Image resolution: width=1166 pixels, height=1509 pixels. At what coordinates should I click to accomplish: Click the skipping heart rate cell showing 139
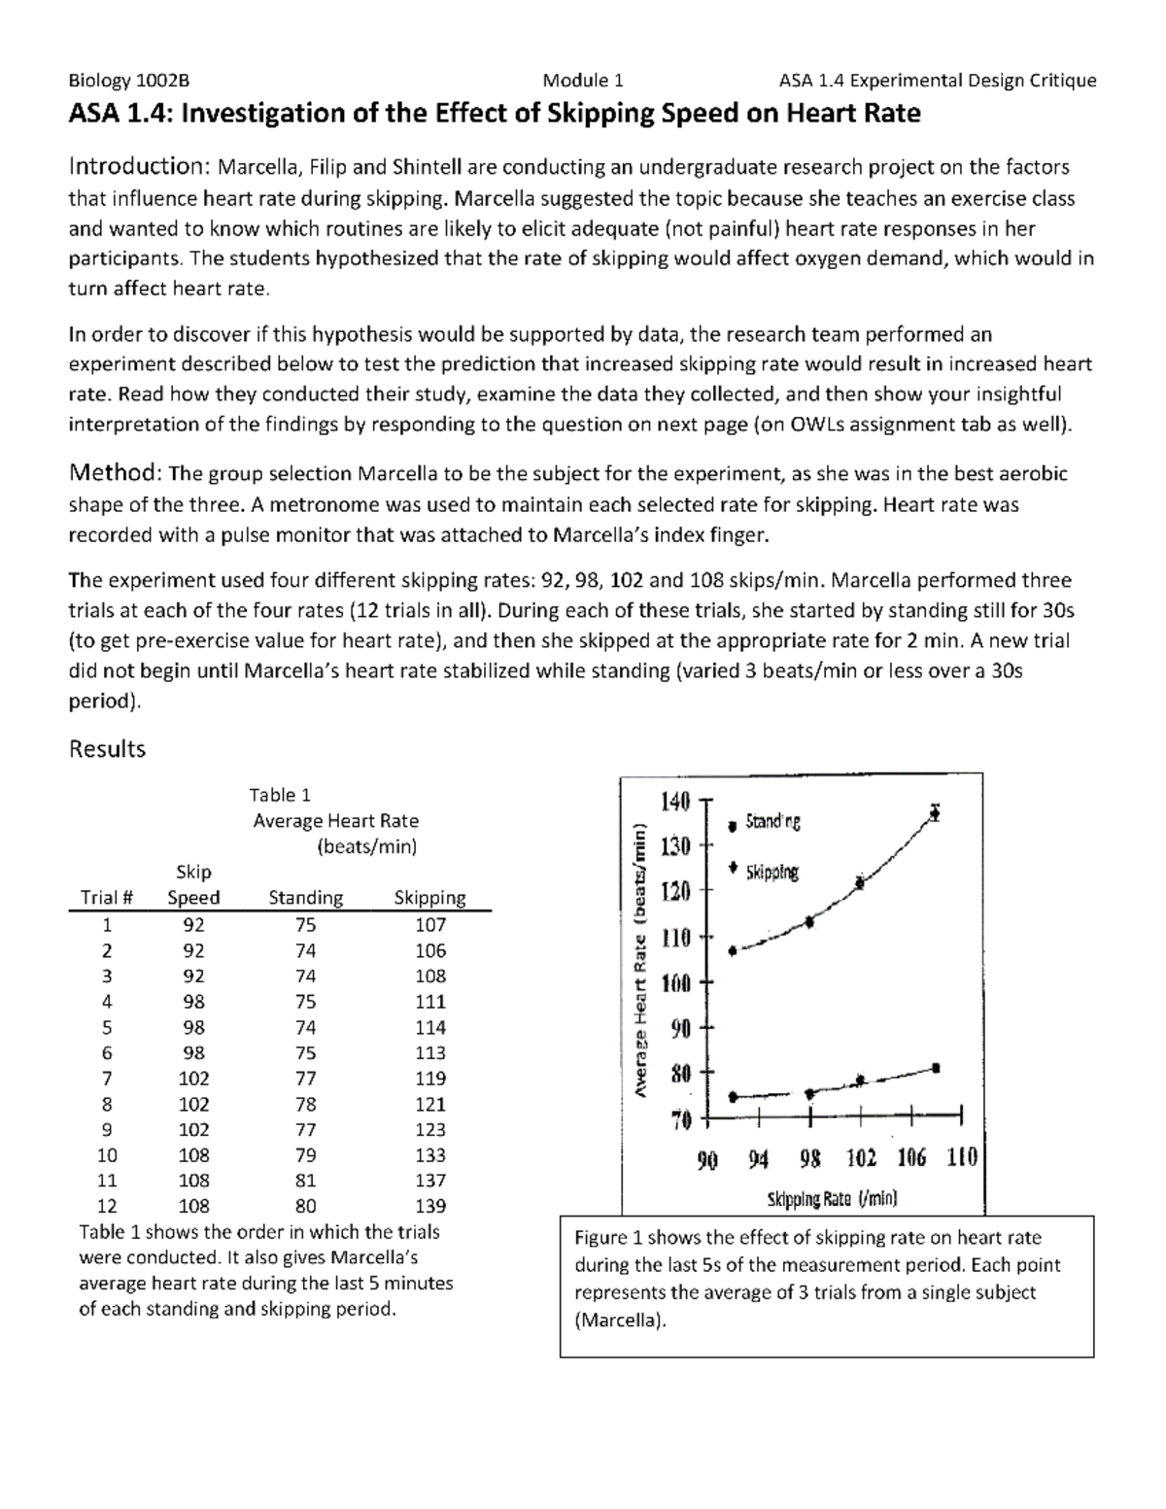[429, 1206]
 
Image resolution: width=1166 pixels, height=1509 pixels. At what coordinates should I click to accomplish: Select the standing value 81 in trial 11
[305, 1181]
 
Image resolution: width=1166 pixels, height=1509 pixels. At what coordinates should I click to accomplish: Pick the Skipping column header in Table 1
[429, 898]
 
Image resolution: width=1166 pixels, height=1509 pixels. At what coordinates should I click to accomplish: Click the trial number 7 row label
[107, 1079]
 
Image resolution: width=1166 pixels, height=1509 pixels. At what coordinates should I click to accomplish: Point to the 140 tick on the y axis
[675, 802]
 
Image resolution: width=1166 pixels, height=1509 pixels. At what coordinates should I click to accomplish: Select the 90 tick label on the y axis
[679, 1028]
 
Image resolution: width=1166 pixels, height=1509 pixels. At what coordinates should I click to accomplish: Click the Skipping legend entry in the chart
[772, 873]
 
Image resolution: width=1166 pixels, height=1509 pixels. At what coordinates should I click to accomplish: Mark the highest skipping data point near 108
[935, 812]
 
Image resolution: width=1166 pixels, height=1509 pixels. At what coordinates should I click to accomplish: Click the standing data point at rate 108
[936, 1068]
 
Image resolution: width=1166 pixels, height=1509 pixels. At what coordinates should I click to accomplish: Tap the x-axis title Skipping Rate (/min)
[833, 1198]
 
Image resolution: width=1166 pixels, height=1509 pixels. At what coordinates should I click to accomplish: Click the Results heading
[107, 749]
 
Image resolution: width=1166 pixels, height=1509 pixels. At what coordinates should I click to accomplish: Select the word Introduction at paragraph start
[135, 167]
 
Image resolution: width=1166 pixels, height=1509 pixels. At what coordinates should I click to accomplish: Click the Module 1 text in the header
[583, 81]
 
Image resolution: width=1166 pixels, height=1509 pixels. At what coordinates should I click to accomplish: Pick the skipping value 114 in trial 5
[429, 1027]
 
